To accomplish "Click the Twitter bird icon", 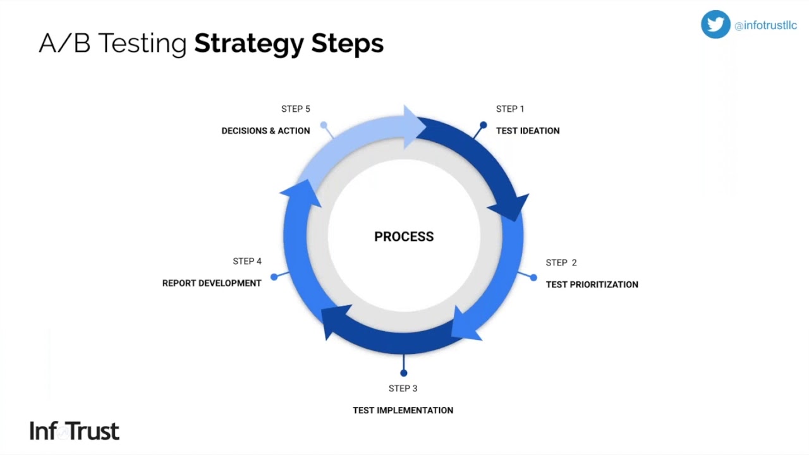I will [x=715, y=25].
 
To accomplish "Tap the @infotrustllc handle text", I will [x=765, y=26].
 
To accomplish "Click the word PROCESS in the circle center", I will [x=404, y=237].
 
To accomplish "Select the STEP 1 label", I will [x=510, y=109].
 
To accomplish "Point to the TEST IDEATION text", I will [x=528, y=131].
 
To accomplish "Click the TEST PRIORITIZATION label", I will [x=592, y=284].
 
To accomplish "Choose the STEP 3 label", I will [x=403, y=389].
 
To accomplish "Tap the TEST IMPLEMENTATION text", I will [x=403, y=410].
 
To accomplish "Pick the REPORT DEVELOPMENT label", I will [x=212, y=283].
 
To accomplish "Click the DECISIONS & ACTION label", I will [x=265, y=131].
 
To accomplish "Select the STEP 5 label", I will [x=295, y=109].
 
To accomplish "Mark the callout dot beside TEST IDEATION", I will [x=484, y=125].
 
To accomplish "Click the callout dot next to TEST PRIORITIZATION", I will [x=533, y=277].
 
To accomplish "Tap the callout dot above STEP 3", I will [x=404, y=373].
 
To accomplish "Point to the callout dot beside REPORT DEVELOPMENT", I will [x=274, y=277].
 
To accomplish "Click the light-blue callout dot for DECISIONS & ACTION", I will [x=324, y=125].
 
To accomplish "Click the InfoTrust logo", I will [x=74, y=431].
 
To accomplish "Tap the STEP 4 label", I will [x=246, y=262].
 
